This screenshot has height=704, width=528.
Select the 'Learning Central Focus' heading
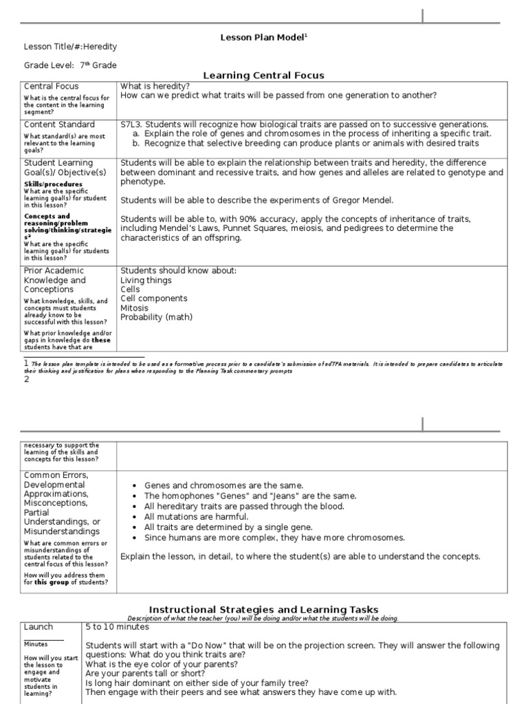tap(263, 76)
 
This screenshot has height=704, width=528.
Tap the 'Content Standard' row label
tap(59, 124)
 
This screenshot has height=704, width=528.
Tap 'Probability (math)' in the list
tap(156, 317)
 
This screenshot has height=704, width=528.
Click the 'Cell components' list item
tap(153, 298)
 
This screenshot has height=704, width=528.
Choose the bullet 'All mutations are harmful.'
tap(196, 516)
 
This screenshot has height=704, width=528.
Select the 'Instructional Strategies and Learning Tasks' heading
tap(263, 610)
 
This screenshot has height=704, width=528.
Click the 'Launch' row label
tap(38, 627)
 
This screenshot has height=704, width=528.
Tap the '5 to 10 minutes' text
tap(118, 627)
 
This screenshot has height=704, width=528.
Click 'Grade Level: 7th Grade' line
tap(70, 65)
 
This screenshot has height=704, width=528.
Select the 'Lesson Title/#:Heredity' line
tap(70, 46)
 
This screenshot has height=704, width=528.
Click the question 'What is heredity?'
tap(155, 86)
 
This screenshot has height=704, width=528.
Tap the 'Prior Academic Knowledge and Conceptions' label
tap(55, 280)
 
